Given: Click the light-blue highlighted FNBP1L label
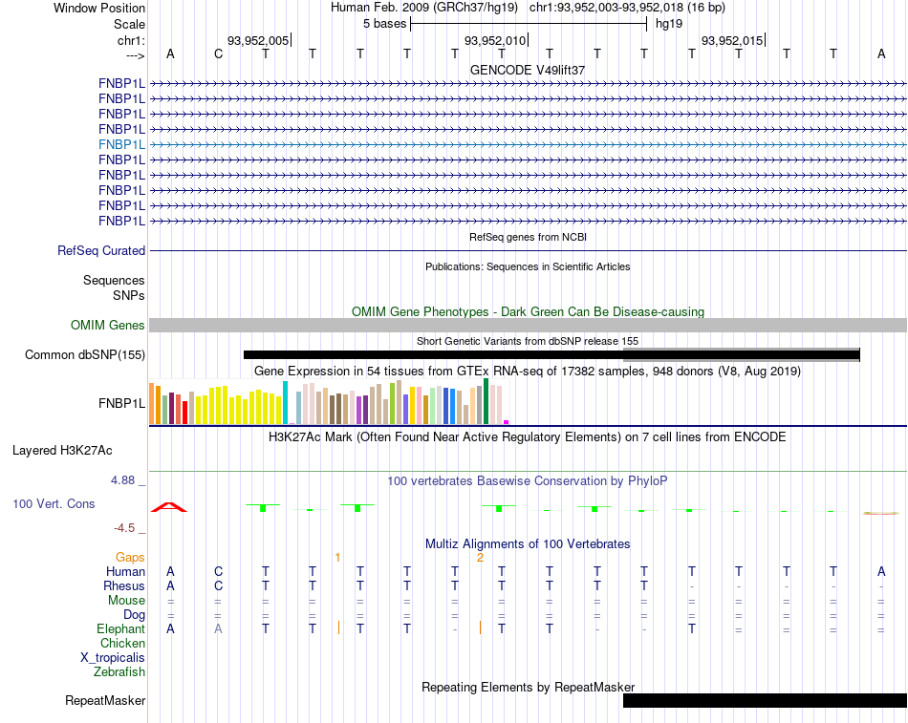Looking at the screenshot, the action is (121, 145).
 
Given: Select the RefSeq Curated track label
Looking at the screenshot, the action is (101, 250).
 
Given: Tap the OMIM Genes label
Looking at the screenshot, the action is (108, 326).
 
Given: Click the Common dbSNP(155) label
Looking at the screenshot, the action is (85, 355).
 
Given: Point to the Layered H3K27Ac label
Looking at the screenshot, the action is (62, 451).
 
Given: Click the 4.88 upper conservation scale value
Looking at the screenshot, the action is (122, 480).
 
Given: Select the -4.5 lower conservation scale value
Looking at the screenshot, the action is (124, 528).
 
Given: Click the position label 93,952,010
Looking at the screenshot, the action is (495, 40).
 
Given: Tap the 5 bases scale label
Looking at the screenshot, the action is (385, 24).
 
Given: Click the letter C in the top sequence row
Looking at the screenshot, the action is (218, 53).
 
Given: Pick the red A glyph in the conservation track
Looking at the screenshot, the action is (169, 507).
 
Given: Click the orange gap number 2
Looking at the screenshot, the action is (480, 558).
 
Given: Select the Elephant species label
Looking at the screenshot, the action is (121, 628).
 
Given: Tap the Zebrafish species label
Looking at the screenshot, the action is (119, 672).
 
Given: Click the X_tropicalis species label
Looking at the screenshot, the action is (113, 658).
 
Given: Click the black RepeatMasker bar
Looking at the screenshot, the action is (765, 700).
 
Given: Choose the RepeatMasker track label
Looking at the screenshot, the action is (105, 700).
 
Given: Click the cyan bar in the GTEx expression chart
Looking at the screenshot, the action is (285, 403).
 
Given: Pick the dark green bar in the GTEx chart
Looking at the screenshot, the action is (486, 401).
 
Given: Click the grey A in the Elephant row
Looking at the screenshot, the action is (218, 628).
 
